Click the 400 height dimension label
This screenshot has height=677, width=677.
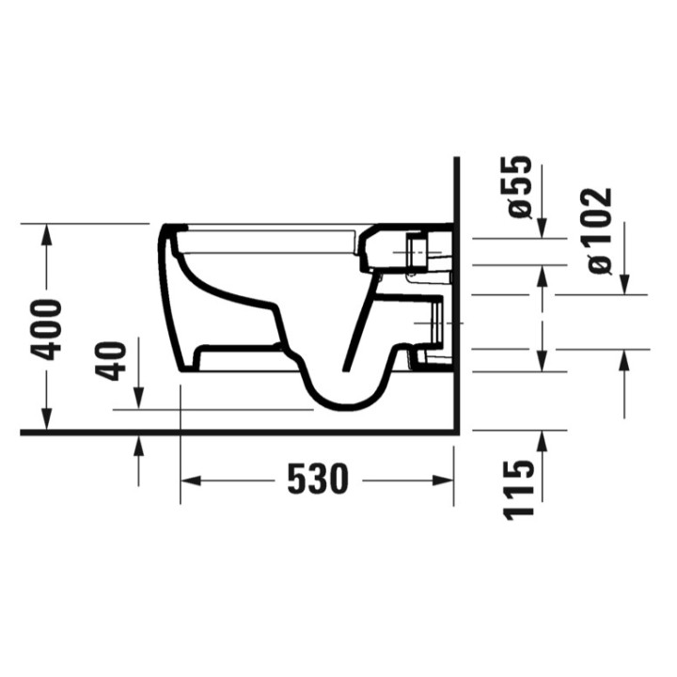(46, 328)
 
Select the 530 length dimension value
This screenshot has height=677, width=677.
(317, 480)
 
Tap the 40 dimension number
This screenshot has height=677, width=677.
(114, 360)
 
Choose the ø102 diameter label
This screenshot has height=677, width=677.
(598, 231)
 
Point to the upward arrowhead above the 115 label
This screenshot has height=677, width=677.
(543, 440)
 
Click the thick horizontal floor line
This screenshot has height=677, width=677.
(235, 432)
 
